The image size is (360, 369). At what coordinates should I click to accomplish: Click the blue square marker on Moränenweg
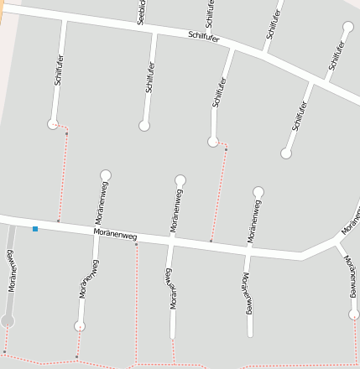coord(35,228)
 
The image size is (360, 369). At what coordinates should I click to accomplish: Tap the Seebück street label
coord(141,11)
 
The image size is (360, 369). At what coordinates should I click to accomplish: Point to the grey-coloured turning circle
coord(8,320)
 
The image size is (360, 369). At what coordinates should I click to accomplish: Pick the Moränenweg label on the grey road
coord(12,273)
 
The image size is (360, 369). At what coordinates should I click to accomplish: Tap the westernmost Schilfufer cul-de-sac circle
coord(53,124)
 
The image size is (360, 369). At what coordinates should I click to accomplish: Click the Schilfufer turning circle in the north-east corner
coord(348,27)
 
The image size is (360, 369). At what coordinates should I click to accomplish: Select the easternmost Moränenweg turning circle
coord(354,314)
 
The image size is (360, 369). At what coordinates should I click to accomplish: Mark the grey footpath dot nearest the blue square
coord(58,221)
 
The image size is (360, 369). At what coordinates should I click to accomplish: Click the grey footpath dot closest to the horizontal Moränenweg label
coord(136,245)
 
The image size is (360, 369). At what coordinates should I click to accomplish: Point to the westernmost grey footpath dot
coord(4,351)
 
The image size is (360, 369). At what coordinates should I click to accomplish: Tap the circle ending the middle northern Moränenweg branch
coord(180,180)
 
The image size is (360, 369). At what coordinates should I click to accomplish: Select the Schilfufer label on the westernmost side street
coord(59,74)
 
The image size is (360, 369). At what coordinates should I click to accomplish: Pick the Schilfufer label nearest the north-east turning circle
coord(337,55)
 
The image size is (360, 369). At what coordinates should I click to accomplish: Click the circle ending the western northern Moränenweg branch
coord(106,174)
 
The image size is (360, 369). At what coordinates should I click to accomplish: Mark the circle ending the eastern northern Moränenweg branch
coord(258,192)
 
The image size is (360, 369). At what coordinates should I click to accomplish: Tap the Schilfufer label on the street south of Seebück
coord(149,75)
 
